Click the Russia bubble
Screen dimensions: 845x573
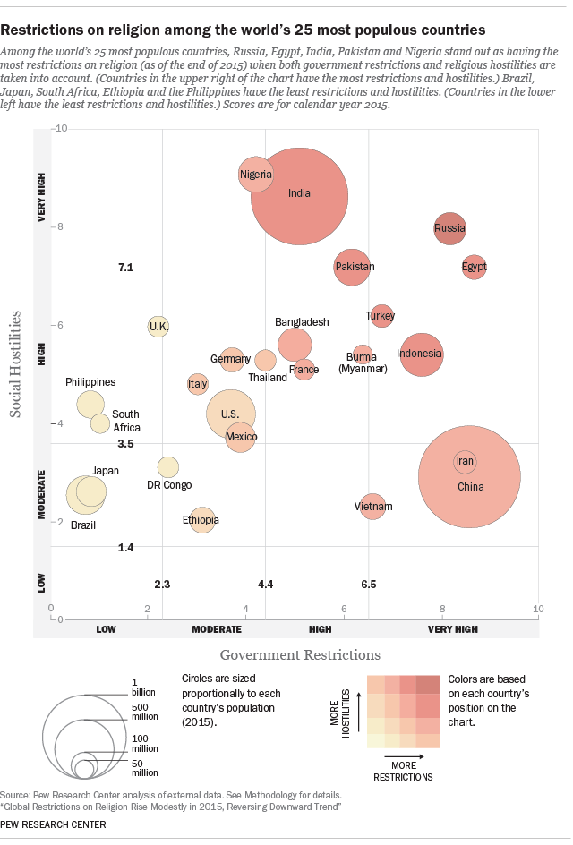tap(449, 228)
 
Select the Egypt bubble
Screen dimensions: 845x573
tap(475, 267)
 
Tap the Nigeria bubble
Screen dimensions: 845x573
tap(256, 174)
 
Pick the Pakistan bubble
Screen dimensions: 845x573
tap(352, 267)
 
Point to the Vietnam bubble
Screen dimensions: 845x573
tap(372, 507)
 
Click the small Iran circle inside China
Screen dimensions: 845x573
tap(465, 462)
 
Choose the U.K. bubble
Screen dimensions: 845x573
tap(158, 327)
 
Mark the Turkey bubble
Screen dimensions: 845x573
tap(381, 316)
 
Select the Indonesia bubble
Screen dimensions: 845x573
tap(420, 354)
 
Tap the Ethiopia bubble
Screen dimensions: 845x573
tap(202, 520)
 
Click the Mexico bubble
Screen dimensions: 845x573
tap(240, 437)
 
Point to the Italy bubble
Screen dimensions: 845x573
tap(198, 384)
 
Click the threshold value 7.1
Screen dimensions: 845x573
tap(126, 268)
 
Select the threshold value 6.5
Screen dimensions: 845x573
tap(369, 585)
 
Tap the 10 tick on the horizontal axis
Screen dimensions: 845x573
tap(538, 610)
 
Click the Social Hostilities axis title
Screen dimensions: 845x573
tap(15, 364)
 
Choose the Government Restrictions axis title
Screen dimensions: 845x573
tap(300, 654)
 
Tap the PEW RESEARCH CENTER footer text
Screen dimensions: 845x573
tap(53, 824)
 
